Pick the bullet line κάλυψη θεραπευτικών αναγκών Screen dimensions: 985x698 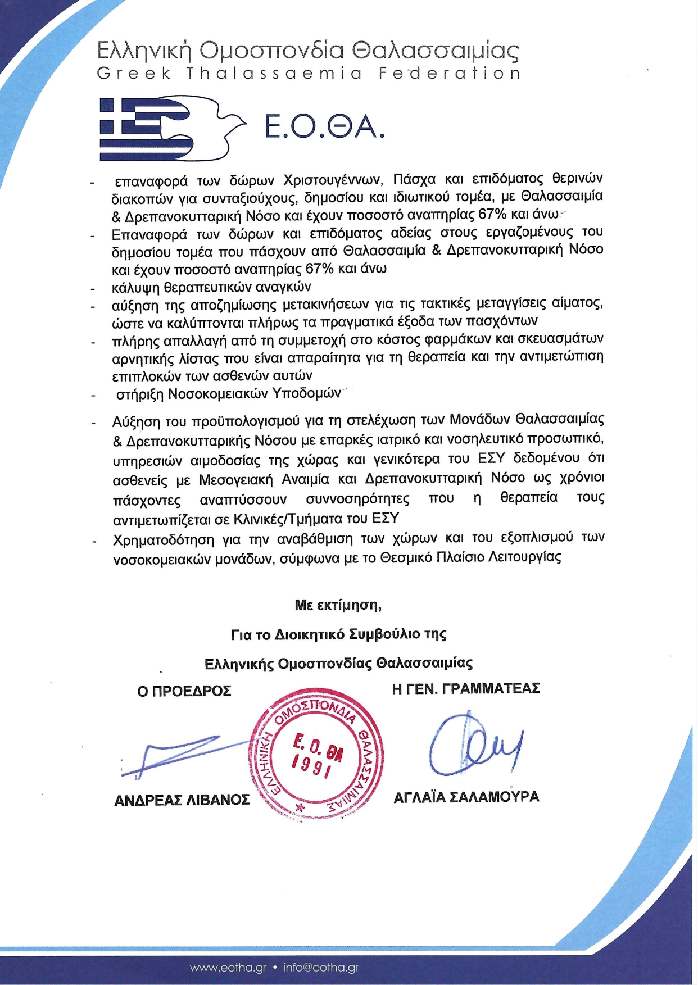[x=211, y=288]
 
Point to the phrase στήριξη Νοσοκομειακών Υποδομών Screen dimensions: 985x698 [x=228, y=394]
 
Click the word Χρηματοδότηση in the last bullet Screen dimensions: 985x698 [x=164, y=540]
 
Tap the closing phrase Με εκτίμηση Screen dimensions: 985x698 [x=338, y=605]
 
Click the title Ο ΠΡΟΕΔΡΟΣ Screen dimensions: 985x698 [x=184, y=691]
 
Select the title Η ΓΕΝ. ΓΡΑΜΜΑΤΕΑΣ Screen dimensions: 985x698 [x=466, y=689]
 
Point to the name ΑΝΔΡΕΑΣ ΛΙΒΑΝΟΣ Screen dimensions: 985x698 [x=182, y=800]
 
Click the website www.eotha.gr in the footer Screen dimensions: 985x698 [x=228, y=968]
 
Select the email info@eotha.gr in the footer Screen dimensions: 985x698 [x=321, y=968]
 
